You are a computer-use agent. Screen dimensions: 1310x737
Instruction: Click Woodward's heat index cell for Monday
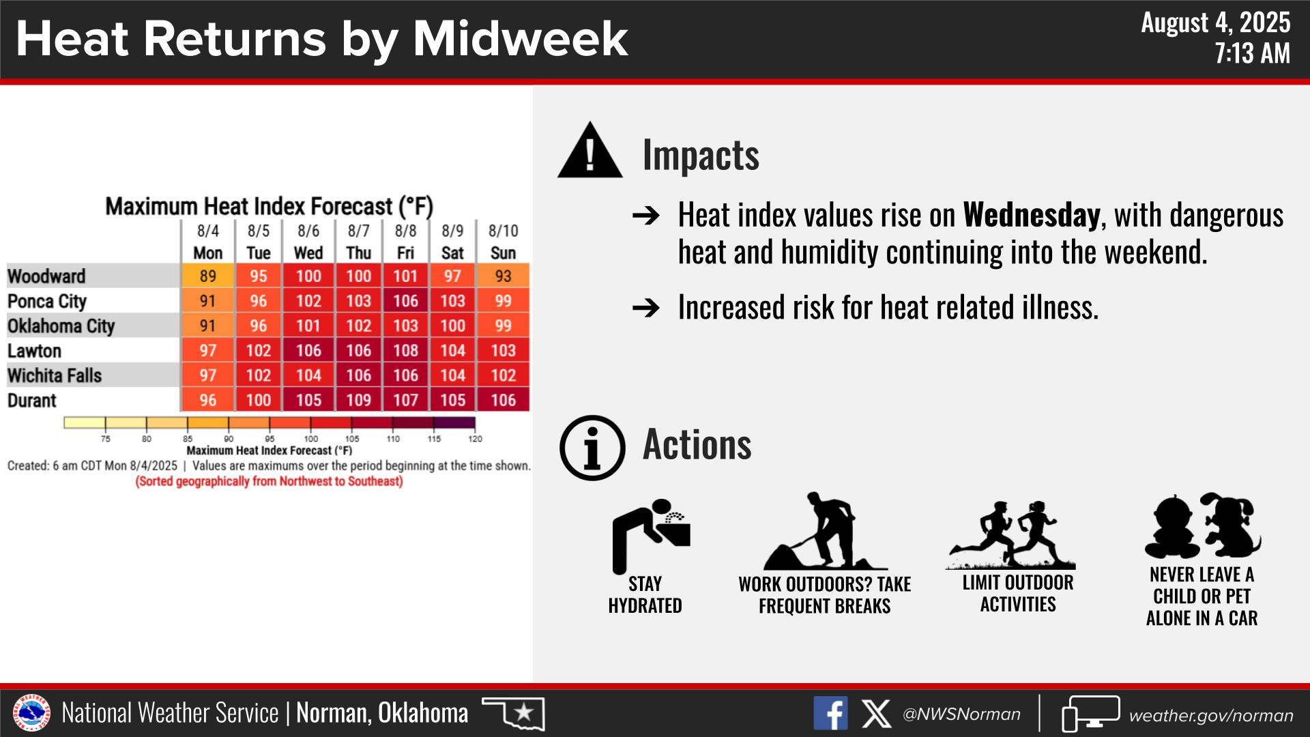point(207,276)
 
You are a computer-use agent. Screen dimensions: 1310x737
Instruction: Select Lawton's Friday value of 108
point(405,350)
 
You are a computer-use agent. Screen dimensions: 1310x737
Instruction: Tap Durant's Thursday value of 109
point(358,400)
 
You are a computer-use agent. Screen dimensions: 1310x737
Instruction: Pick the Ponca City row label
point(47,302)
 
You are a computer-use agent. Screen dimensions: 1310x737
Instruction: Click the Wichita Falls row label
point(55,375)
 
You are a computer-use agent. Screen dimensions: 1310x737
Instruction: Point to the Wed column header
point(308,253)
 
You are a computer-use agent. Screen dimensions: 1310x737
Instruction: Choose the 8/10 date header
point(504,231)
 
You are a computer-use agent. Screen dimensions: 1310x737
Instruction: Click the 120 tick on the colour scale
point(475,439)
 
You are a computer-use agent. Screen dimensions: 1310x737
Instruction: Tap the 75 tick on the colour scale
point(106,439)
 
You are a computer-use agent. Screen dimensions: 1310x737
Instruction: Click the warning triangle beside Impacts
point(590,151)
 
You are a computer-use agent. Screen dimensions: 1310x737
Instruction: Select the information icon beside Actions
point(592,448)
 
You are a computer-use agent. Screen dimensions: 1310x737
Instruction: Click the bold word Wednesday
point(1031,215)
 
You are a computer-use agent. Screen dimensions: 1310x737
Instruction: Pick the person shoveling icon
point(824,532)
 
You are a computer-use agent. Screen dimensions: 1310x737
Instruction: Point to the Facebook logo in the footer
point(830,713)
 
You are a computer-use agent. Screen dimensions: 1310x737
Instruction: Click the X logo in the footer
point(876,714)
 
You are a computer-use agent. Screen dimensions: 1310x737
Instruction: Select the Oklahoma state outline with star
point(514,713)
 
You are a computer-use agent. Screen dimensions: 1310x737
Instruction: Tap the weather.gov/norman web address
point(1211,716)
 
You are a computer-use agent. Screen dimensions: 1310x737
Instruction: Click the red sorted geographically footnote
point(270,482)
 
